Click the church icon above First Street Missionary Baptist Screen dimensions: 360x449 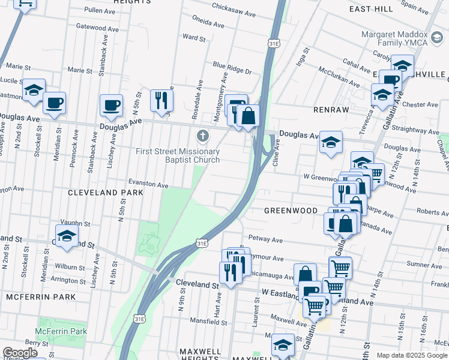(203, 135)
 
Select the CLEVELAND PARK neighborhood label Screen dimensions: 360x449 (106, 193)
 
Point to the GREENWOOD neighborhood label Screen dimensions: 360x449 (291, 211)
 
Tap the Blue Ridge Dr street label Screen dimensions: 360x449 (232, 65)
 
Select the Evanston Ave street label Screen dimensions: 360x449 (148, 185)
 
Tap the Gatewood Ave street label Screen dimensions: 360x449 (97, 28)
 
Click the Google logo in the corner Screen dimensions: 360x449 (20, 353)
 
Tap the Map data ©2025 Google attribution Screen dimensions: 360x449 (412, 355)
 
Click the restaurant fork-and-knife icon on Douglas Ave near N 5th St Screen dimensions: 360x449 (161, 101)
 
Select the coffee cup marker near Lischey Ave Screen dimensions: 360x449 (112, 106)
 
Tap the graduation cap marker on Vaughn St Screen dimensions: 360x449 (67, 236)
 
